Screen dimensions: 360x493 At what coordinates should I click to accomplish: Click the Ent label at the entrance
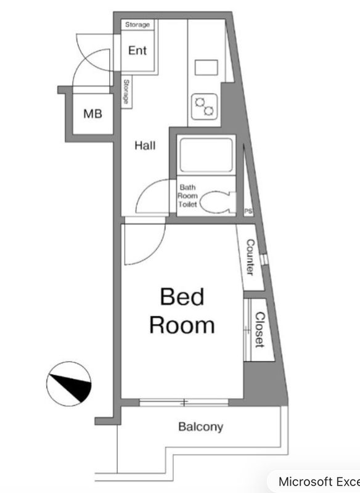pyautogui.click(x=137, y=51)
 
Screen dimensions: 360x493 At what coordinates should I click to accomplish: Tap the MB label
pyautogui.click(x=92, y=113)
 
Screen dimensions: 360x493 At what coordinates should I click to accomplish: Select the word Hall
pyautogui.click(x=145, y=145)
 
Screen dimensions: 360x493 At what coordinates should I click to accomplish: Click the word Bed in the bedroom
pyautogui.click(x=182, y=296)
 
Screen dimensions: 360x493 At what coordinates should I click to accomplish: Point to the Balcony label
pyautogui.click(x=201, y=426)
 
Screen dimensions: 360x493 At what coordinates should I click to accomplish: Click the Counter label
pyautogui.click(x=251, y=258)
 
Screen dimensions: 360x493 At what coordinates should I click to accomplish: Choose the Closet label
pyautogui.click(x=260, y=330)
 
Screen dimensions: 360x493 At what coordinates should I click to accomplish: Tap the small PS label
pyautogui.click(x=248, y=211)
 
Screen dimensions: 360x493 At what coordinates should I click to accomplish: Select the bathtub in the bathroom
pyautogui.click(x=207, y=155)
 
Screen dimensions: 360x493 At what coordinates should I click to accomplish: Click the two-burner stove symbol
pyautogui.click(x=205, y=106)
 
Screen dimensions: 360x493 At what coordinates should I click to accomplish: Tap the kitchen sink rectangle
pyautogui.click(x=207, y=68)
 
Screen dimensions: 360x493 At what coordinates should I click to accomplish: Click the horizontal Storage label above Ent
pyautogui.click(x=137, y=25)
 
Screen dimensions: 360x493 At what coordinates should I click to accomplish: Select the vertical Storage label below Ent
pyautogui.click(x=126, y=91)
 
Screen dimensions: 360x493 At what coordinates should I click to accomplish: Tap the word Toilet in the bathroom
pyautogui.click(x=187, y=204)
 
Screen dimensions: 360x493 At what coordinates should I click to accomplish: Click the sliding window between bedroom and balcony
pyautogui.click(x=184, y=402)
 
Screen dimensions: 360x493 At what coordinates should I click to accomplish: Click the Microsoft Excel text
pyautogui.click(x=319, y=482)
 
